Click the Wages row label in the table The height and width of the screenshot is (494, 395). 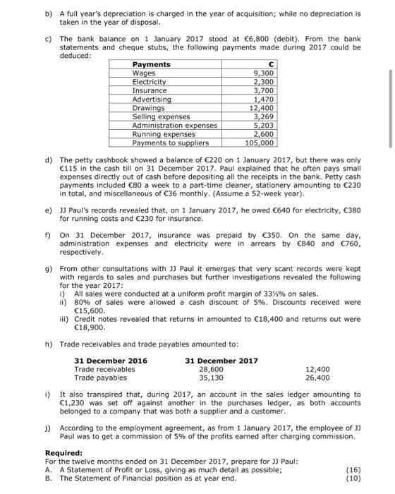click(144, 73)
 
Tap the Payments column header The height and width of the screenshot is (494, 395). click(151, 64)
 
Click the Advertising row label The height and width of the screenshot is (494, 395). click(152, 99)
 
